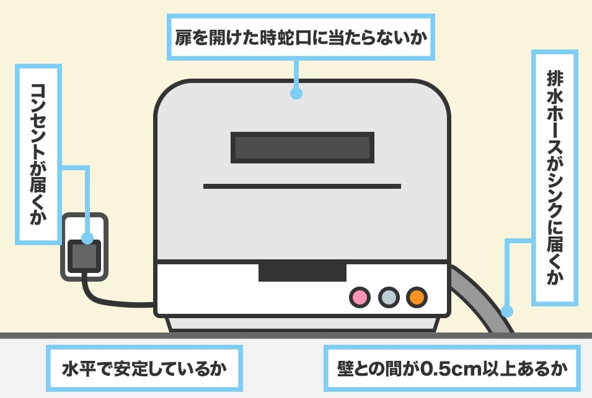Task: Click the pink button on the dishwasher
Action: (x=359, y=297)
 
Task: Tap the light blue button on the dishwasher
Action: (x=388, y=297)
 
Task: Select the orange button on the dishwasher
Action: (x=417, y=297)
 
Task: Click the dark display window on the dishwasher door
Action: (x=302, y=147)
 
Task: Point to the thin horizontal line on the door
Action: (x=302, y=186)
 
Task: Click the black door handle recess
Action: (x=302, y=271)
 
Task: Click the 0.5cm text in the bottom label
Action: (x=447, y=369)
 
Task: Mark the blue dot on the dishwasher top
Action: (x=296, y=94)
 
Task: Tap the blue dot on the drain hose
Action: (x=507, y=311)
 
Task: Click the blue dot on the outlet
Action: (x=87, y=238)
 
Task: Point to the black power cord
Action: (x=112, y=301)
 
